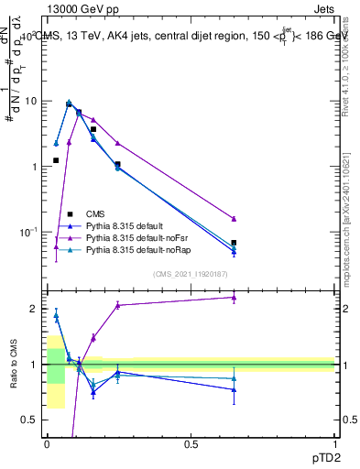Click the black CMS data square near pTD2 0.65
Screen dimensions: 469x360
coord(234,243)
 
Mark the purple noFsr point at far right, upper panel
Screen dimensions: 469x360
coord(234,219)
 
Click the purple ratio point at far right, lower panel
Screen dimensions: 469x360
coord(234,297)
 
